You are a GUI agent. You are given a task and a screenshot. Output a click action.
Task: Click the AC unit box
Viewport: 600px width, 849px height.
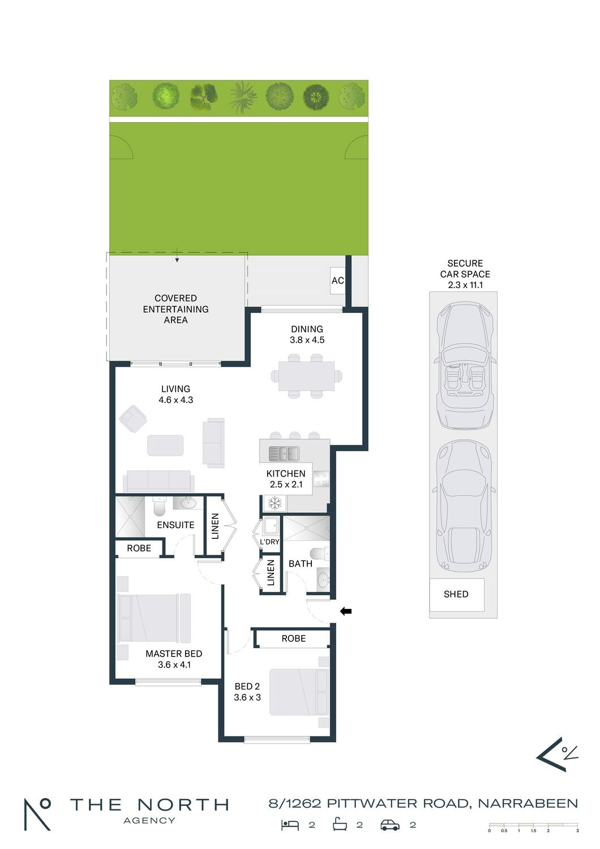click(x=337, y=281)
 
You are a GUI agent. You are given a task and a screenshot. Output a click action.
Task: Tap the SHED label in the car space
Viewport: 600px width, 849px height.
click(x=456, y=594)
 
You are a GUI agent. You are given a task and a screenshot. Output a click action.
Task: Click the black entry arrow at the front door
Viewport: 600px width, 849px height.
click(x=346, y=611)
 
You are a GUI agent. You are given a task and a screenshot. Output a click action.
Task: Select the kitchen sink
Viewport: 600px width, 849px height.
click(x=284, y=453)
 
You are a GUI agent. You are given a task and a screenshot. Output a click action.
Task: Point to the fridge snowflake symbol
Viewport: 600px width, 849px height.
click(x=275, y=503)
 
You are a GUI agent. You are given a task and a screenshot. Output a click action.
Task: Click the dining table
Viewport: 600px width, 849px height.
click(x=306, y=376)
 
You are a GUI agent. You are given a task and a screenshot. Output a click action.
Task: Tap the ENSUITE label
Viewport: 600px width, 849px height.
click(x=175, y=525)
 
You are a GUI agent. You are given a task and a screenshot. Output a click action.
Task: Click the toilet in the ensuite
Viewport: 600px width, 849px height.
click(x=159, y=507)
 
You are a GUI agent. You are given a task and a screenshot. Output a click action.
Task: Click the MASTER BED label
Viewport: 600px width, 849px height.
click(x=174, y=654)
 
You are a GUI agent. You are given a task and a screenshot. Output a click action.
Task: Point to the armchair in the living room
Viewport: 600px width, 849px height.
click(x=134, y=419)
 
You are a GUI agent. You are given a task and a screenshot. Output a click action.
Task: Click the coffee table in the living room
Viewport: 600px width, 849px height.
click(x=165, y=445)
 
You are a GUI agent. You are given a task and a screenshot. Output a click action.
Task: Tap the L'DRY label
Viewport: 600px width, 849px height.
click(x=269, y=542)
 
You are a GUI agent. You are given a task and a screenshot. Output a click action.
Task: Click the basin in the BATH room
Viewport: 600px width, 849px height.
click(x=323, y=579)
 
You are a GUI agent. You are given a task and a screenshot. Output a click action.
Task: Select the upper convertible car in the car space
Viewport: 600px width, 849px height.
click(x=465, y=366)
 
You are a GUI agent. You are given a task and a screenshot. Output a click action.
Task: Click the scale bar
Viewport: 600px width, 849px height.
click(x=533, y=825)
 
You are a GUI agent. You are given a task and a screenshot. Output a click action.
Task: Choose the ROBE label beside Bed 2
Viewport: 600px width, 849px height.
click(x=293, y=638)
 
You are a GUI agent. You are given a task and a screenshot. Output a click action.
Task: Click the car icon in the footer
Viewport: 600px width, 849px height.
click(x=390, y=825)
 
